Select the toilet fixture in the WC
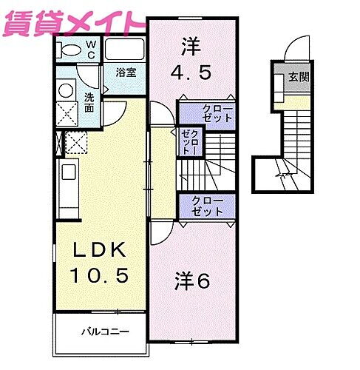pyautogui.click(x=68, y=50)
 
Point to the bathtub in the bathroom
pyautogui.click(x=124, y=50)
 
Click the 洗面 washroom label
pyautogui.click(x=89, y=102)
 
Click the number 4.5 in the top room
pyautogui.click(x=191, y=73)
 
